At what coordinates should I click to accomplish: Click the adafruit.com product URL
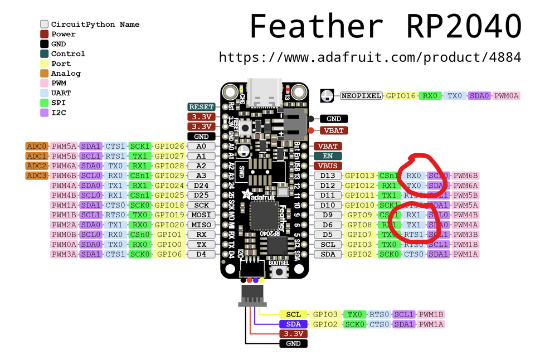point(369,57)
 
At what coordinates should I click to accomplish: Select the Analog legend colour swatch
point(44,74)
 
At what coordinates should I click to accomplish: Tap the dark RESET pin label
point(201,107)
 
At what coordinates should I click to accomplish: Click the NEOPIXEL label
point(361,96)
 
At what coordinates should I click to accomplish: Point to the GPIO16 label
point(401,96)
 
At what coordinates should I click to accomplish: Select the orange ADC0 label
point(37,146)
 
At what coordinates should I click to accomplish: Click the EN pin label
point(328,156)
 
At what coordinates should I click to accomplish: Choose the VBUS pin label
point(328,166)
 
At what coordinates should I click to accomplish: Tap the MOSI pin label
point(201,215)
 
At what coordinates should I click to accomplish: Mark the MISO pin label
point(201,225)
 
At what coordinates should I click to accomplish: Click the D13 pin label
point(328,176)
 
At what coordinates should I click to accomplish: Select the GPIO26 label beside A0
point(169,146)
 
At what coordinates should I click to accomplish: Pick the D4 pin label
point(201,254)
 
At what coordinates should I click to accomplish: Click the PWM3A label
point(64,254)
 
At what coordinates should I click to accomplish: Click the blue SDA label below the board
point(293,324)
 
